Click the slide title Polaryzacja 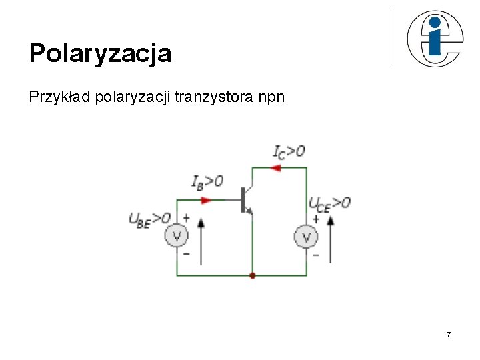[100, 53]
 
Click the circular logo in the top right [434, 39]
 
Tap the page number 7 [449, 333]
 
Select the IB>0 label [207, 182]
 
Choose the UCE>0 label [329, 203]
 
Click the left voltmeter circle [177, 236]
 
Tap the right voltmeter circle [307, 236]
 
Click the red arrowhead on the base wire [206, 199]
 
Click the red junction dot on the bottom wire [252, 275]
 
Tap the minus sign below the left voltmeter [186, 254]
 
